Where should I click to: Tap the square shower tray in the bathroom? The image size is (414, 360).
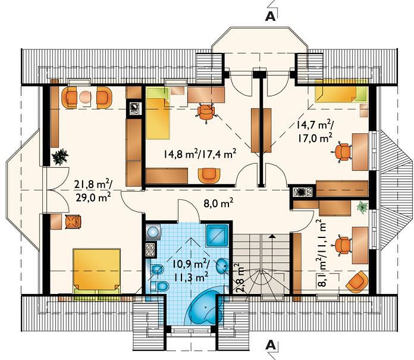tap(217, 235)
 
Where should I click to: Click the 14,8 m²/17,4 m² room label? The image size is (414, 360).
tap(199, 154)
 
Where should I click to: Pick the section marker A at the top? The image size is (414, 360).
tap(271, 17)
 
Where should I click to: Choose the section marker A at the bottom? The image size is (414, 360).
tap(271, 345)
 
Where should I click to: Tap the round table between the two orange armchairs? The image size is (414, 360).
tap(85, 97)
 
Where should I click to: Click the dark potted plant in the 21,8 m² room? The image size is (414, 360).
tap(60, 157)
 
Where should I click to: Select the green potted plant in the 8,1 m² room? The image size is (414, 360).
tap(362, 207)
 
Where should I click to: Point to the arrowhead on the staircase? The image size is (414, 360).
tap(271, 236)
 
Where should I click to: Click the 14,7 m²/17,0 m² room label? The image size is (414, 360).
tap(315, 132)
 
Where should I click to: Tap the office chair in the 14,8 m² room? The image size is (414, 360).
tap(206, 112)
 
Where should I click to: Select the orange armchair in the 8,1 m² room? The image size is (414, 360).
tap(357, 282)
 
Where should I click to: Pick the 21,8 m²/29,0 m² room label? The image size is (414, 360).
tap(92, 190)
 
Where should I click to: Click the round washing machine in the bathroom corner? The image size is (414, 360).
tap(153, 232)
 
